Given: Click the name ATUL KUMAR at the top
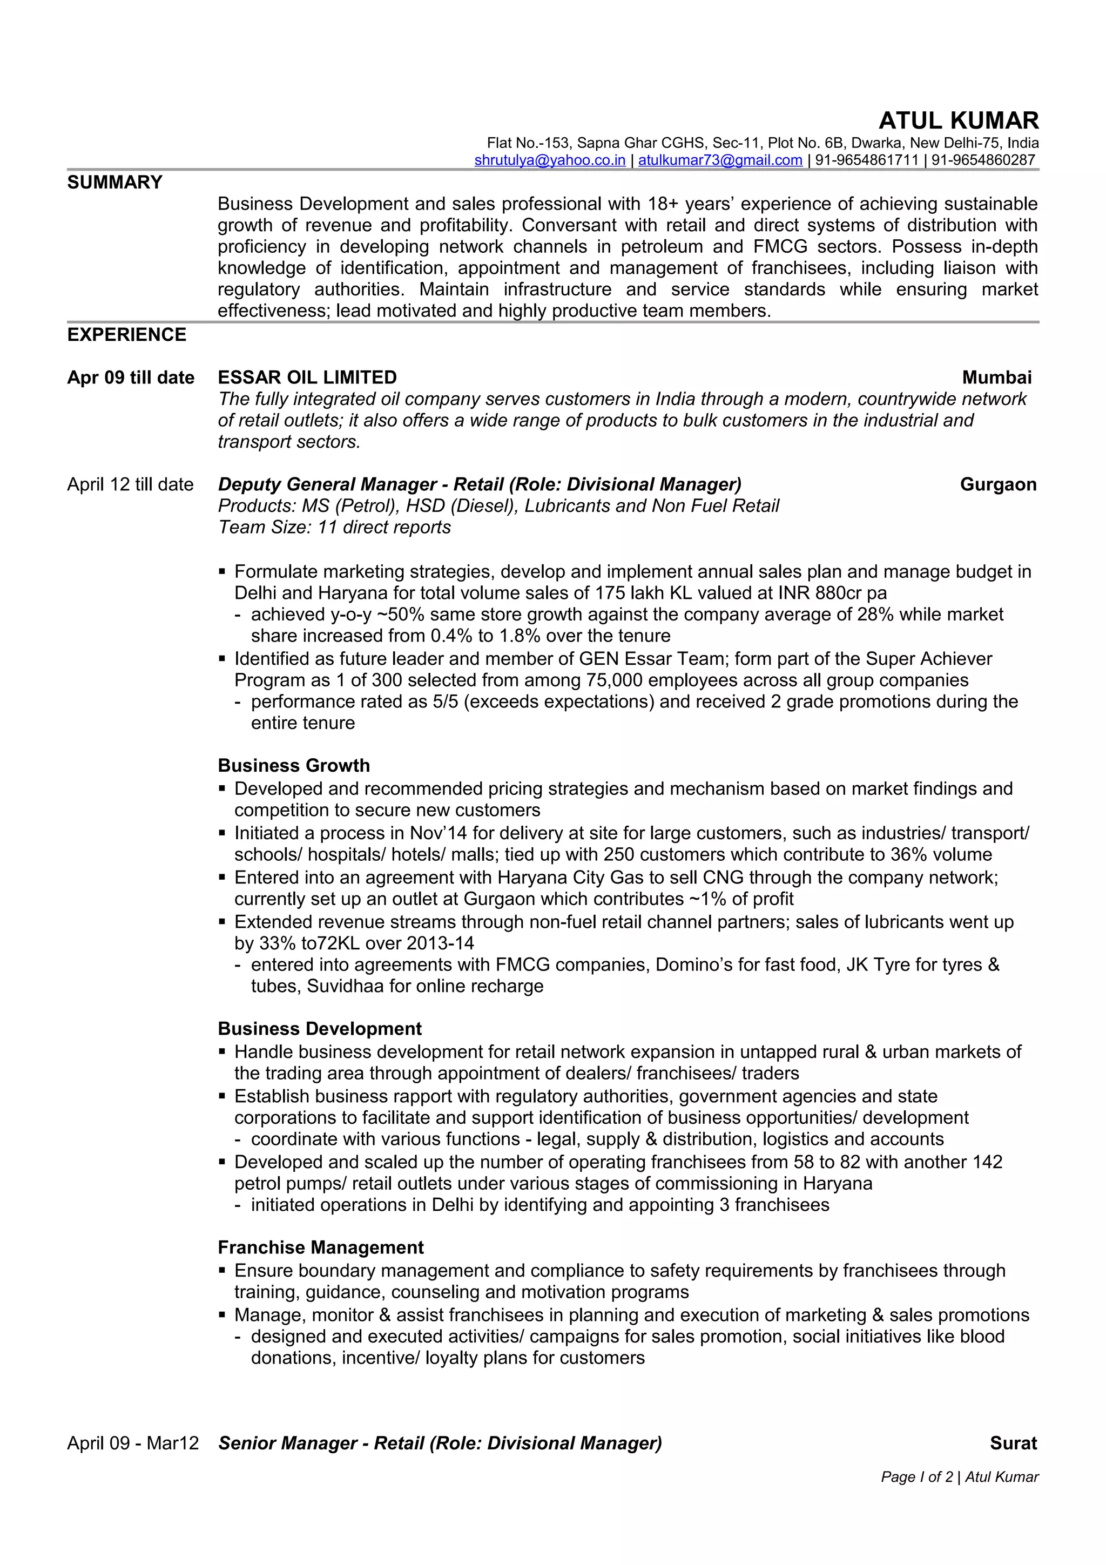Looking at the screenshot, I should pos(958,120).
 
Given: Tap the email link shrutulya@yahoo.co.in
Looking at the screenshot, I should pos(549,160).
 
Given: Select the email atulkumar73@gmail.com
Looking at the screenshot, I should pos(720,160).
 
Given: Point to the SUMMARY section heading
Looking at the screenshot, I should pos(114,182).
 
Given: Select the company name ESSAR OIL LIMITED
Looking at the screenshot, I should pos(307,377).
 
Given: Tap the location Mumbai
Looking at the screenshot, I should pos(996,377).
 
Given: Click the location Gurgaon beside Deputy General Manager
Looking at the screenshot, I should pos(997,484).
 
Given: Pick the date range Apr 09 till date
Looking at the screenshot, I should pos(130,377).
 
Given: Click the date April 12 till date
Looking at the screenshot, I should pos(130,484).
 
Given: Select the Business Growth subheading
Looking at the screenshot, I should pos(294,765).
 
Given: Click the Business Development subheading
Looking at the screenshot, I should pos(320,1029).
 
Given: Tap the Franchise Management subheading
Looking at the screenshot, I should pos(320,1247).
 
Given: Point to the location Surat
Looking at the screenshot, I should pos(1013,1443).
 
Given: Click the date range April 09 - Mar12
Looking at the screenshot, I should pos(133,1443).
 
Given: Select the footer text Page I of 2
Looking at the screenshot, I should pos(916,1477).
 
